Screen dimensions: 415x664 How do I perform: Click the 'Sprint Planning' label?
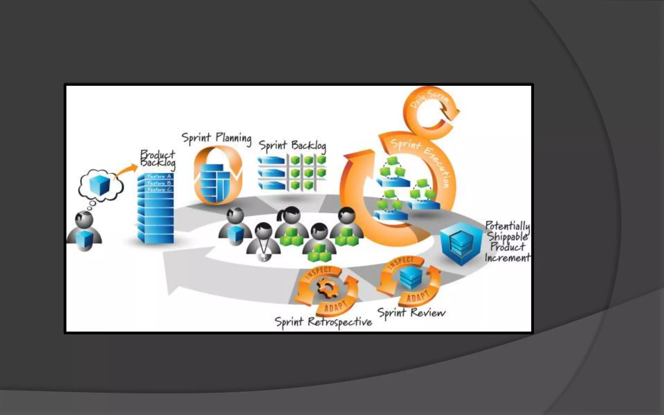216,138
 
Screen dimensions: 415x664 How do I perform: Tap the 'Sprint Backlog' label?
292,146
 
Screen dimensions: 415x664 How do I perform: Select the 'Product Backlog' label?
158,159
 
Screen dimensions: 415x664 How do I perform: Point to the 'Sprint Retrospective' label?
323,322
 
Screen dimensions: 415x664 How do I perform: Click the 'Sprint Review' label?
411,313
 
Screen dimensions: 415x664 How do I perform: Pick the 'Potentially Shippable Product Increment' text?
507,242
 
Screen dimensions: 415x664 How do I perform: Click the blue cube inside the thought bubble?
100,185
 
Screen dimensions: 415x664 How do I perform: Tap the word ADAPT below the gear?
336,306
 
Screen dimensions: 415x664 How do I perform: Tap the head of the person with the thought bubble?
84,219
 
